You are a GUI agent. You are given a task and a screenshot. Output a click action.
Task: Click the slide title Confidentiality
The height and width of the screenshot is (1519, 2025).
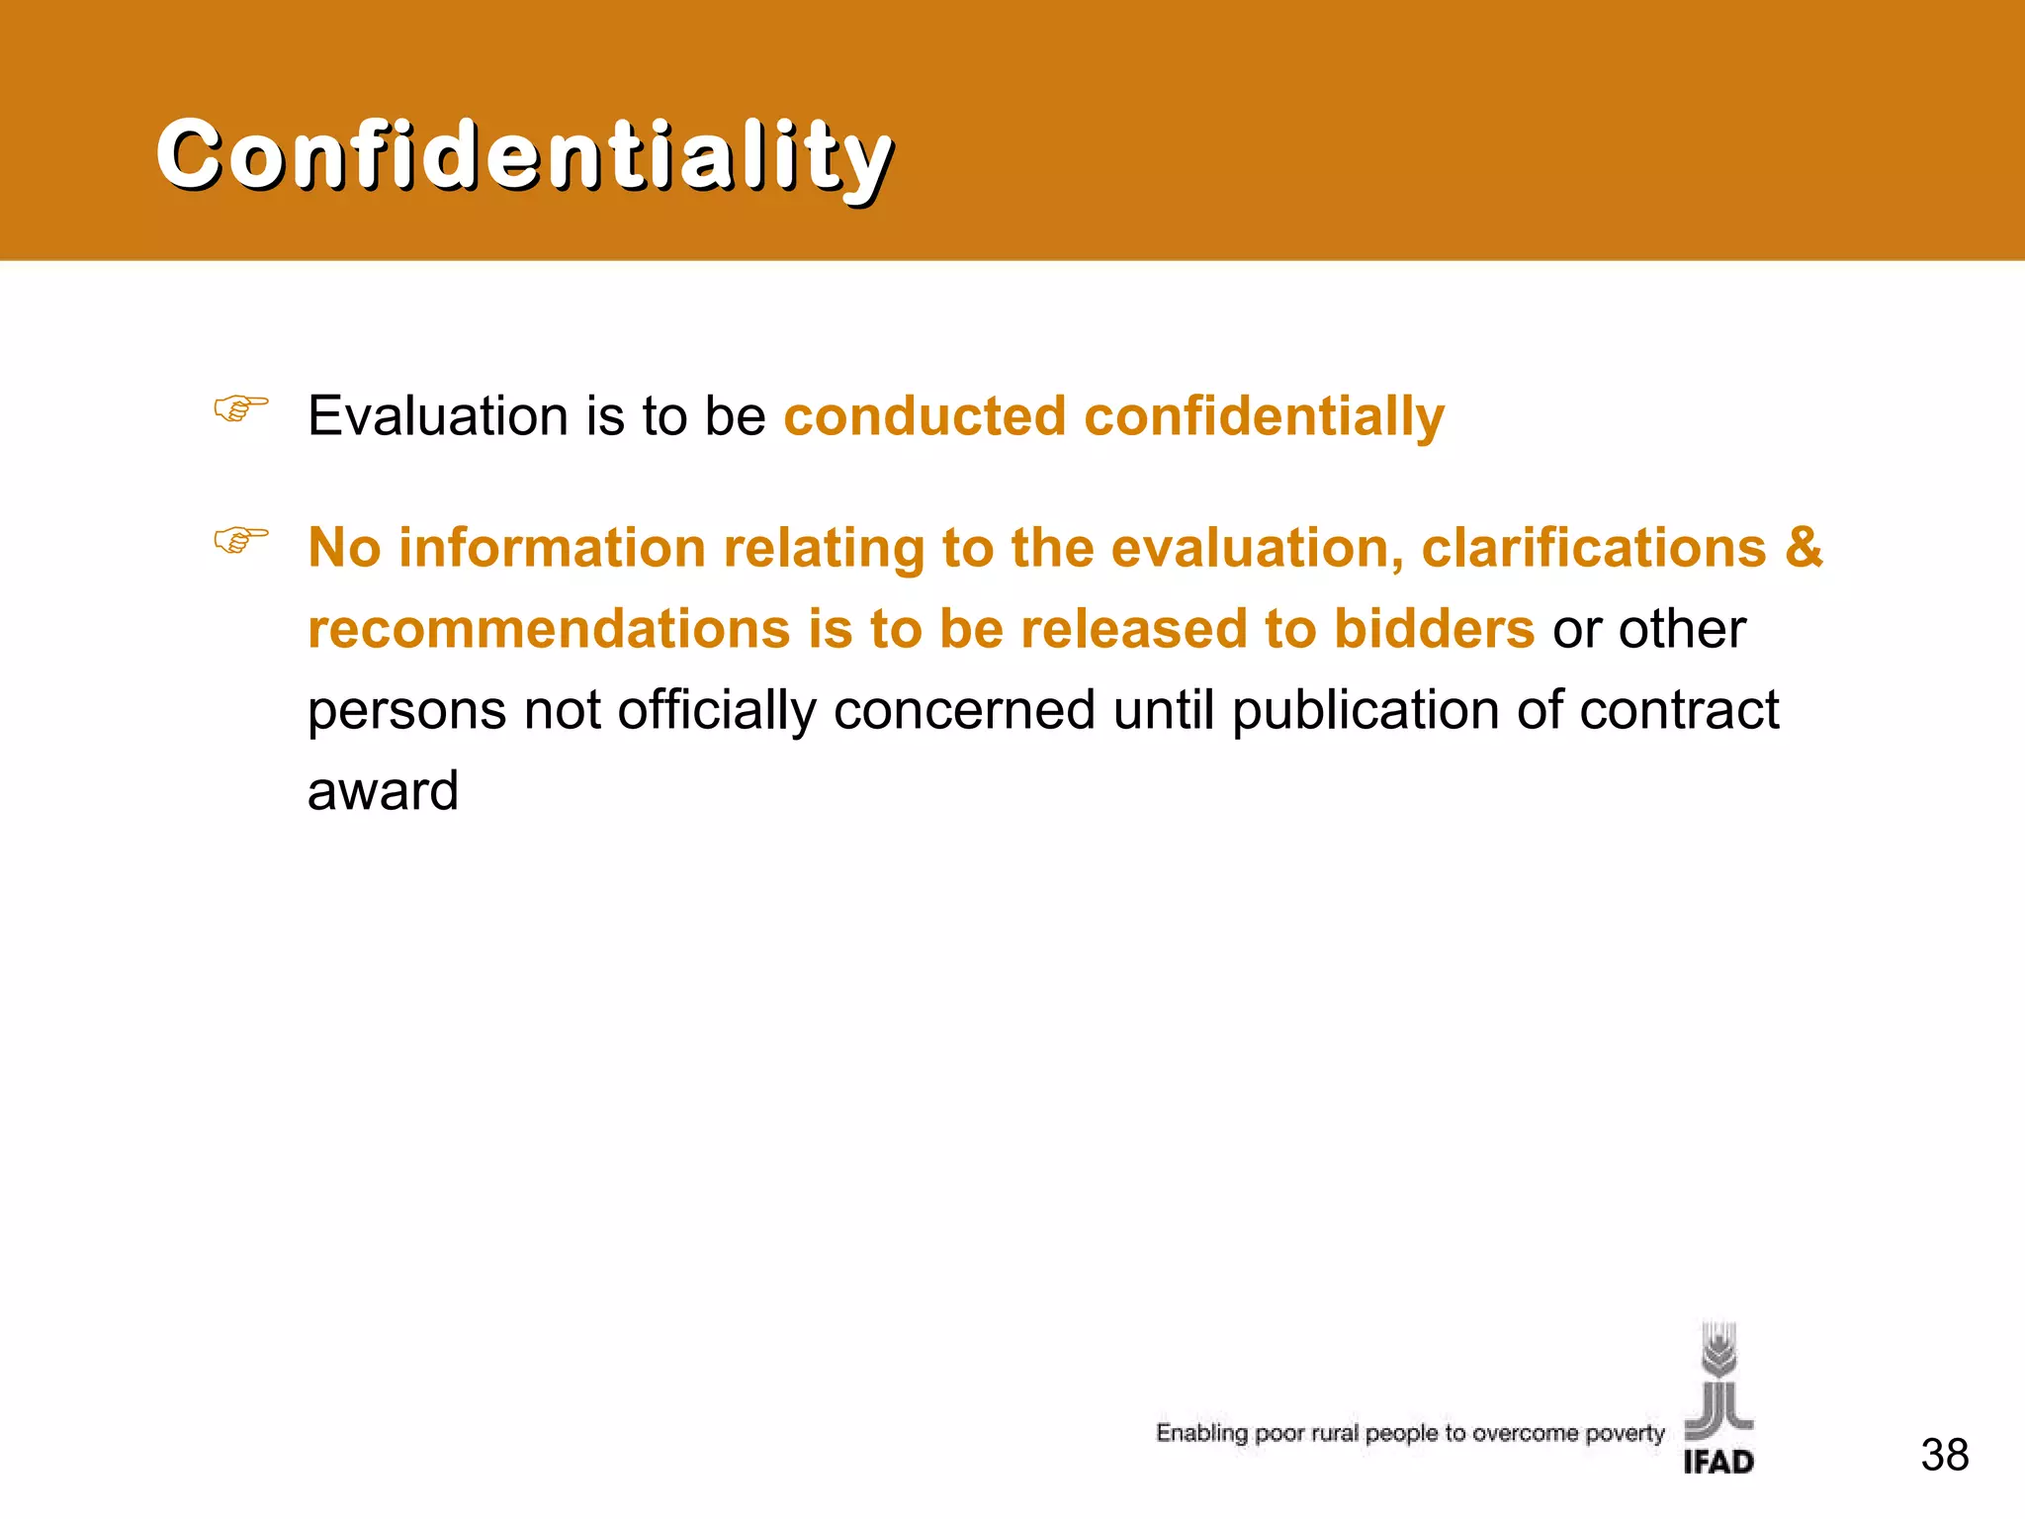click(524, 154)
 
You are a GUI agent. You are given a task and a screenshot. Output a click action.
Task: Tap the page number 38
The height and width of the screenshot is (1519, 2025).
click(1944, 1455)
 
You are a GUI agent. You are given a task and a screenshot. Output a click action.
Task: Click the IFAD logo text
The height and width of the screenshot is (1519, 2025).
click(1718, 1462)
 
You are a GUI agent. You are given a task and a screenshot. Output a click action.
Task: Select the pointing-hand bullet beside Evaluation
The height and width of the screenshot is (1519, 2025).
click(241, 407)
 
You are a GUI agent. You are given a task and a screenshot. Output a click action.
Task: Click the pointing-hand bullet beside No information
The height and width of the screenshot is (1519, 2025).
click(241, 540)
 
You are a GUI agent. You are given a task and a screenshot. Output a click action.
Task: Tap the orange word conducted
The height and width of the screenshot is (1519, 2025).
click(924, 415)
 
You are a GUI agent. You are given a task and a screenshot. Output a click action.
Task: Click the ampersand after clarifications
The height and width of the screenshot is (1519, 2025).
click(1804, 547)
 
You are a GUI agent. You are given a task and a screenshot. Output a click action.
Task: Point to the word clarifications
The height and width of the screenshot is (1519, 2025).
click(1593, 547)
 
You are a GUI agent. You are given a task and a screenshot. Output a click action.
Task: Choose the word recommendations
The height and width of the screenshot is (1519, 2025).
click(549, 629)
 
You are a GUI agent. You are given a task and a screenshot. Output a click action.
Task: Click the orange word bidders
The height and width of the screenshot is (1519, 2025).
click(1434, 629)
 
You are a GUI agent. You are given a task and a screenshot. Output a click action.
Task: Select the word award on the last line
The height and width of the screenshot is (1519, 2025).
click(383, 791)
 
